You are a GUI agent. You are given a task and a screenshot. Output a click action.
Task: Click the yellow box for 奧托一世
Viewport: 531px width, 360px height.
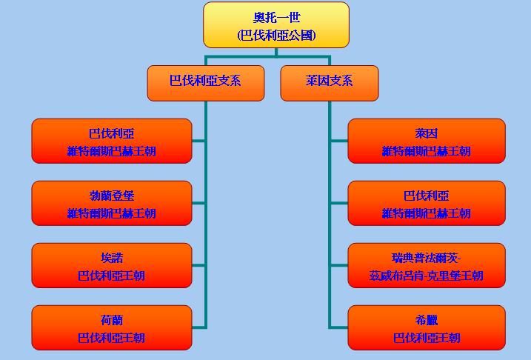[275, 25]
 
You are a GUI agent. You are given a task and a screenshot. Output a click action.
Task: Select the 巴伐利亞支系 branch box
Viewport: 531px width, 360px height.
[205, 83]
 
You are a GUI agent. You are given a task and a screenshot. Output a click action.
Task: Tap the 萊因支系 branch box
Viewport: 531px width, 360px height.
[329, 83]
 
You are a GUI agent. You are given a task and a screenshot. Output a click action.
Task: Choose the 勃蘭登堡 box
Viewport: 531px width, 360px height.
[111, 203]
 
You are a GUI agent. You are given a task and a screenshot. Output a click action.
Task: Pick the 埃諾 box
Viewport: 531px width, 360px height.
[111, 265]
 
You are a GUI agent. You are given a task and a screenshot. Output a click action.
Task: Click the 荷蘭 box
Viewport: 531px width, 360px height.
[111, 327]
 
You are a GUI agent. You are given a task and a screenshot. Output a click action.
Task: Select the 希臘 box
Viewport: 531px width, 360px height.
[426, 327]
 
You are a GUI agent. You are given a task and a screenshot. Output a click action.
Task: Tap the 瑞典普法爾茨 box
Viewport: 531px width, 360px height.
[426, 265]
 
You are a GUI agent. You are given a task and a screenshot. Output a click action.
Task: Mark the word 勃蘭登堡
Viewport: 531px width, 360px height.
[111, 196]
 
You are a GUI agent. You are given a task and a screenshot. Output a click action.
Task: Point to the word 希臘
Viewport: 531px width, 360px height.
[427, 321]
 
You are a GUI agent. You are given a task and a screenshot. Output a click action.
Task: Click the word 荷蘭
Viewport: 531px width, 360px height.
[111, 321]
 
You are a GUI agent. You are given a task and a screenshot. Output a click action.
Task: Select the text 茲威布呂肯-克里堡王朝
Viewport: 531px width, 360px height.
[426, 276]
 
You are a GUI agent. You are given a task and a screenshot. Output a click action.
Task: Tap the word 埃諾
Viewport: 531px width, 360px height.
[111, 258]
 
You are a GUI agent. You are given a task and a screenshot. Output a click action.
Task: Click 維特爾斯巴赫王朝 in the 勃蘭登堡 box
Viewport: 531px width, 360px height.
[111, 213]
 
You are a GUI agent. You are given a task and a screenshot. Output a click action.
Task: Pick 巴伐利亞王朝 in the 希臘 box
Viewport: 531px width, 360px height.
[427, 338]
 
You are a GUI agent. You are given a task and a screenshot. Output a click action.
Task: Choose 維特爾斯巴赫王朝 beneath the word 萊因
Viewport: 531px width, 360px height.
[426, 151]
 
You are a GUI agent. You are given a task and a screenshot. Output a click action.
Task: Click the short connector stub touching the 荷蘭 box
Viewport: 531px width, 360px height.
[198, 327]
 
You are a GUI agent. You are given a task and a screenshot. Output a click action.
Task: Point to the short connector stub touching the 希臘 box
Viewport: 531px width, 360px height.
[338, 327]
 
